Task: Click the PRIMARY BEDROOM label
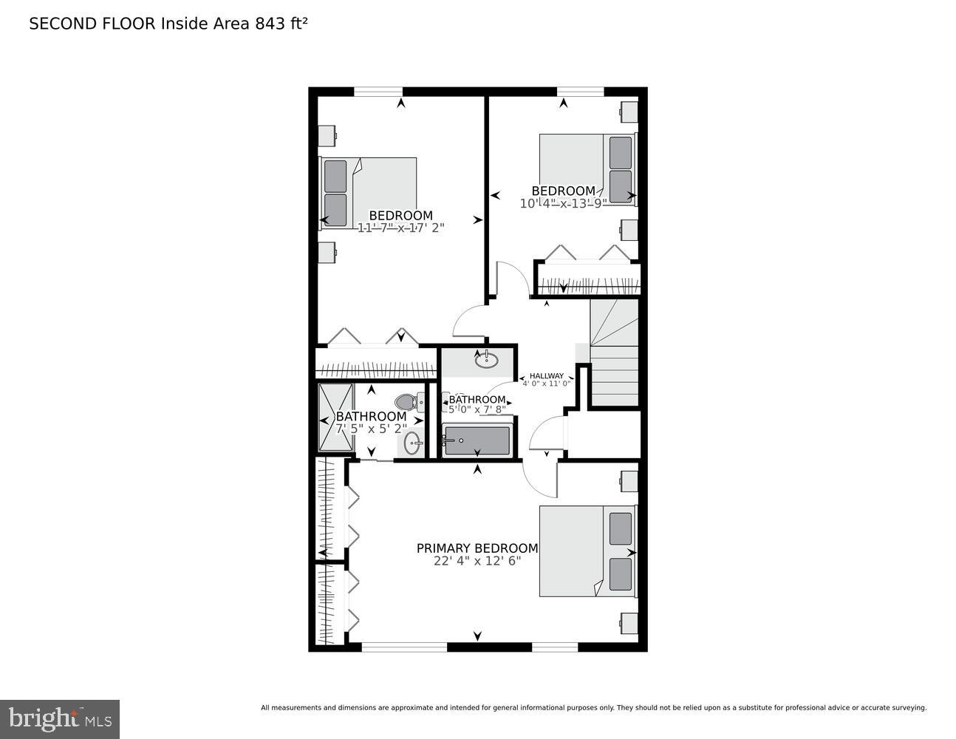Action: [477, 548]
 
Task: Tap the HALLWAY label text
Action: [547, 375]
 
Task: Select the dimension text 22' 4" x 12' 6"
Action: [477, 561]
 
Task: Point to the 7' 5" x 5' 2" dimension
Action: [372, 428]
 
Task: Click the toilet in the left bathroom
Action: [407, 402]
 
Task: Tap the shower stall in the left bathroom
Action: [336, 417]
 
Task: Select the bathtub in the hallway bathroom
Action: [476, 441]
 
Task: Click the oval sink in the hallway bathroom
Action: [486, 361]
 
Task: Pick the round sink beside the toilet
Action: [412, 444]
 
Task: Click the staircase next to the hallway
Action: [614, 353]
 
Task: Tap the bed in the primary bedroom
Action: [587, 551]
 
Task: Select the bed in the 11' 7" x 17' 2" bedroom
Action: [368, 192]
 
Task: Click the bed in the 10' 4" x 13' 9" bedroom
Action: [587, 170]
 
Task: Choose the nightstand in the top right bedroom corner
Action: [629, 112]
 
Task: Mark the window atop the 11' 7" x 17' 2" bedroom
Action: [378, 92]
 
